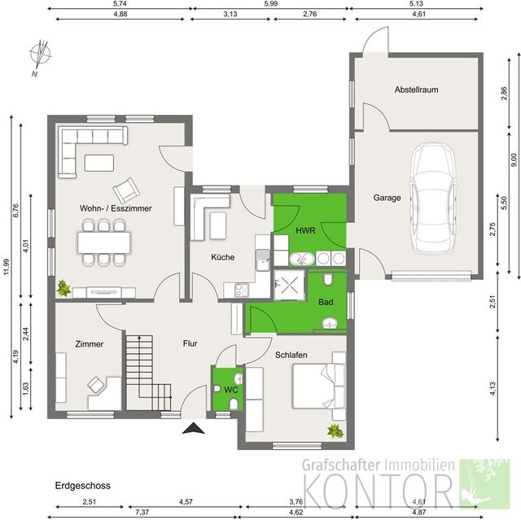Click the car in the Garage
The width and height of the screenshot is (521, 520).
(x=433, y=198)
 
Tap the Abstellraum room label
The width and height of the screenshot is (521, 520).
(x=416, y=90)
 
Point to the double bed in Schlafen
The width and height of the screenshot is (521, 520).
(x=318, y=386)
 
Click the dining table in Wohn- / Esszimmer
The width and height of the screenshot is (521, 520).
(x=104, y=243)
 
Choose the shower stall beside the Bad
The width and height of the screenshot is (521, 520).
(x=289, y=285)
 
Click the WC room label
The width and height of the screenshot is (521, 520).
(x=231, y=390)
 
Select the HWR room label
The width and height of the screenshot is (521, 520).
(x=305, y=230)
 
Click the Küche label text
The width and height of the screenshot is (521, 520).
(x=222, y=257)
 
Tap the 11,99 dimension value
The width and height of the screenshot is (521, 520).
(x=7, y=267)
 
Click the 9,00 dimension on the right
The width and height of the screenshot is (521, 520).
(x=514, y=159)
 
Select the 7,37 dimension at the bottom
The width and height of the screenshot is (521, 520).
(x=142, y=513)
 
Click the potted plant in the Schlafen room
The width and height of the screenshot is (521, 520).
(x=335, y=431)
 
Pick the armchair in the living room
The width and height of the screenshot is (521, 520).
(x=126, y=190)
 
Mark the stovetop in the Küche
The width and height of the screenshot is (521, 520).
(x=242, y=291)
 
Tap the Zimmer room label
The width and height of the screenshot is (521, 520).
(x=89, y=344)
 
